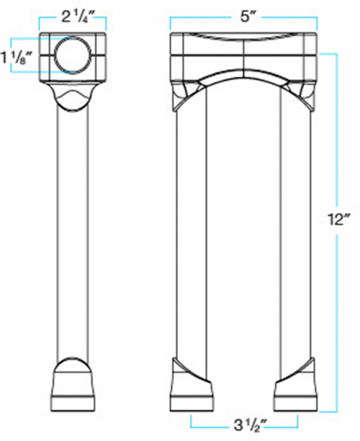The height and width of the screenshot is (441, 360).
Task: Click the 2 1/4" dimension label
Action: [73, 18]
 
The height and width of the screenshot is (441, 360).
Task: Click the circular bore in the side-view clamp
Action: [72, 55]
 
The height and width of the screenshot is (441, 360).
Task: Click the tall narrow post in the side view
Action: [72, 233]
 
